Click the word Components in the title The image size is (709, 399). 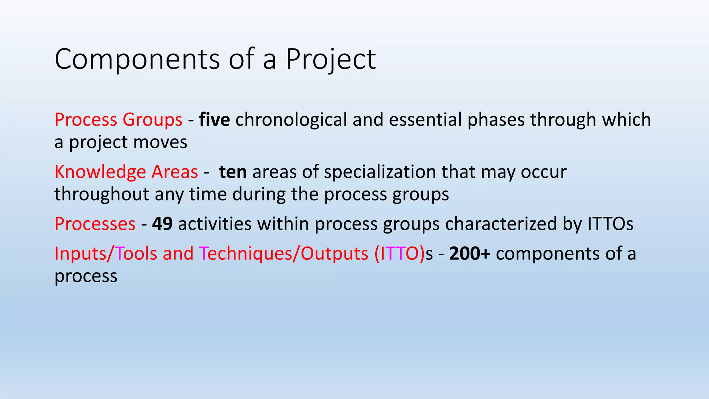137,59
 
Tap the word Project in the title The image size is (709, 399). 330,59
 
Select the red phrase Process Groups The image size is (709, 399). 118,120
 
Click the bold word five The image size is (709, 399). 214,120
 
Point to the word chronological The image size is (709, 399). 291,120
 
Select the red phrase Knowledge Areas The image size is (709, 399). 126,172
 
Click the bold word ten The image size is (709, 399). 233,172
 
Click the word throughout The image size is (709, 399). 102,194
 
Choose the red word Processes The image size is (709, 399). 95,224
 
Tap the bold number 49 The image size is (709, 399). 162,224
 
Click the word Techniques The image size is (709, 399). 245,254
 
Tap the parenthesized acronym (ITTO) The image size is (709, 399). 399,254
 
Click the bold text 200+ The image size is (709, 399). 469,254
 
